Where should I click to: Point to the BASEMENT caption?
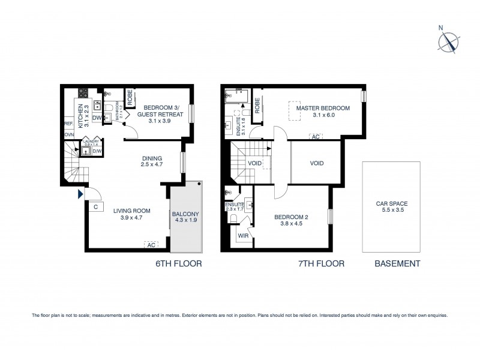397,263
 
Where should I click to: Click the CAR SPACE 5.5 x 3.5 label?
391,207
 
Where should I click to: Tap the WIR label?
243,236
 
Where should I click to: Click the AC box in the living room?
152,244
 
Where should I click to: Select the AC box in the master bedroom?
315,137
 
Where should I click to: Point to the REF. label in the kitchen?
68,124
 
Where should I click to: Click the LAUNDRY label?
91,142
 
